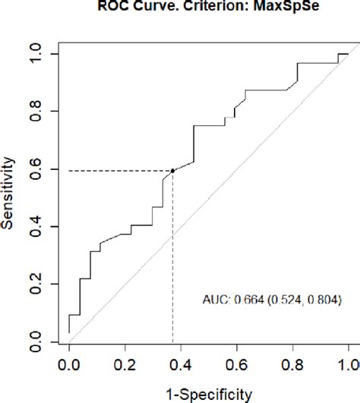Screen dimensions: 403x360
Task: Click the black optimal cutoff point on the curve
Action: [172, 171]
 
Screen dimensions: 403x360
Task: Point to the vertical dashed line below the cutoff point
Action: [172, 258]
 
